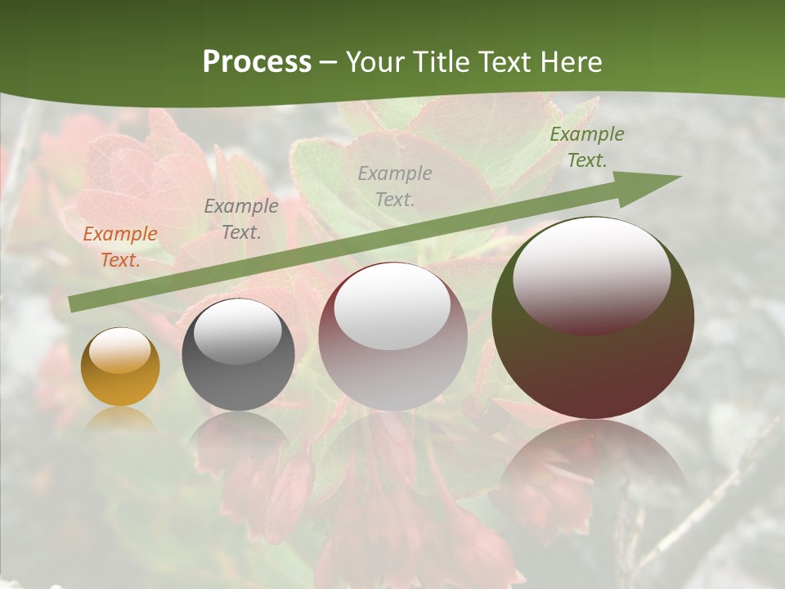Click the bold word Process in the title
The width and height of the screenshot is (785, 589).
[257, 62]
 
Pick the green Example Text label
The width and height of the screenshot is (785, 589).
[587, 147]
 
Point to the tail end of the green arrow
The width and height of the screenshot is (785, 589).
[74, 304]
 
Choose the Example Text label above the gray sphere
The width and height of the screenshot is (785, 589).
[241, 219]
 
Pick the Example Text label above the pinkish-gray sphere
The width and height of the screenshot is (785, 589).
[395, 186]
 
